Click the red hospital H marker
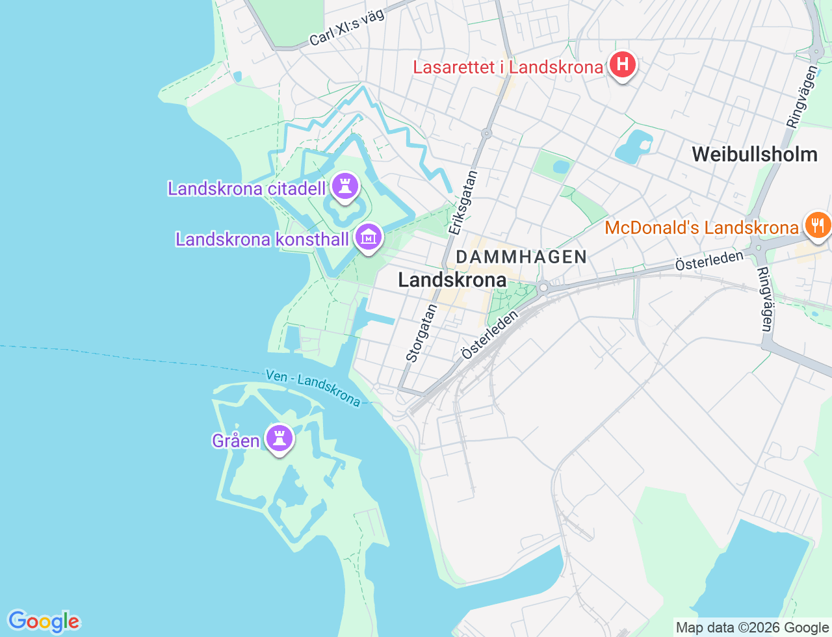coord(623,64)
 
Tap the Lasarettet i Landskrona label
coord(508,67)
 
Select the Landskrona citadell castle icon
coord(345,187)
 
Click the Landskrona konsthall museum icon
coord(369,238)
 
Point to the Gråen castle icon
coord(280,439)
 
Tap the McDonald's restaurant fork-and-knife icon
coord(817,226)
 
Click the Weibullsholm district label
coord(754,154)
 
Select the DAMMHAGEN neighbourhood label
coord(521,257)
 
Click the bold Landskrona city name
coord(452,280)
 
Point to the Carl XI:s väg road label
coord(346,28)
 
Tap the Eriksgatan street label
coord(463,202)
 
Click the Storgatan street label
coord(422,332)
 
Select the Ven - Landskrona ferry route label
coord(313,387)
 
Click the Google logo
coord(44,621)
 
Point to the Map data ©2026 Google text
coord(751,627)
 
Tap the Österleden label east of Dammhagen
coord(708,260)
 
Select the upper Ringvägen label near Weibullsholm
coord(802,96)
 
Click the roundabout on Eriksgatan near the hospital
coord(486,133)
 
